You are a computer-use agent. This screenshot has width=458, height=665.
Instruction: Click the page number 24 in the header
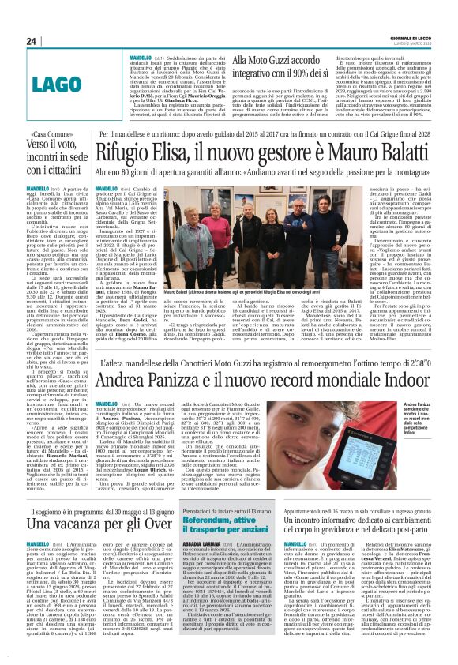tap(32, 41)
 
